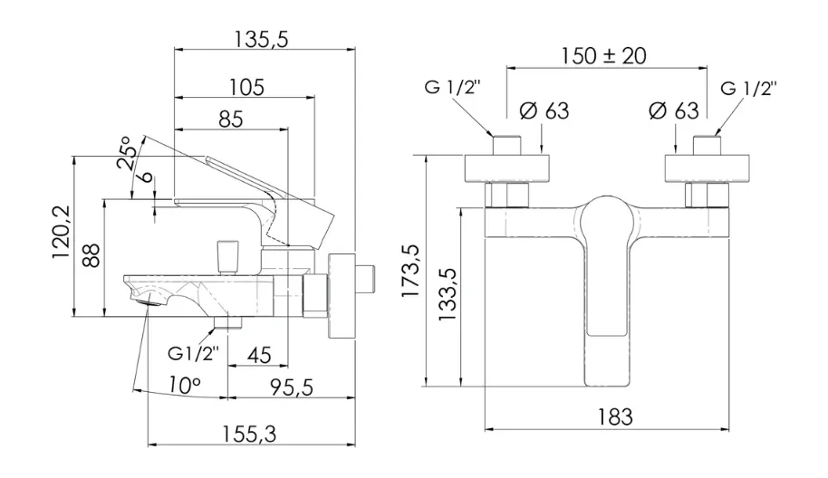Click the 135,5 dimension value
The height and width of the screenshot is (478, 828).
[262, 39]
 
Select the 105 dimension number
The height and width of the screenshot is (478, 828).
[246, 87]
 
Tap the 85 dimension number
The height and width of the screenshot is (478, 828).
[231, 119]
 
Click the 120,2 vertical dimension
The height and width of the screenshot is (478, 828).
[62, 232]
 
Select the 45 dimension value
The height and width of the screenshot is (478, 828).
[259, 355]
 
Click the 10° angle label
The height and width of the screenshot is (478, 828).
[185, 385]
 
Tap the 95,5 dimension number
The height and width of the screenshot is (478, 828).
[292, 387]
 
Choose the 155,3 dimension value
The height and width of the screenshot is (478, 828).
[249, 435]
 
